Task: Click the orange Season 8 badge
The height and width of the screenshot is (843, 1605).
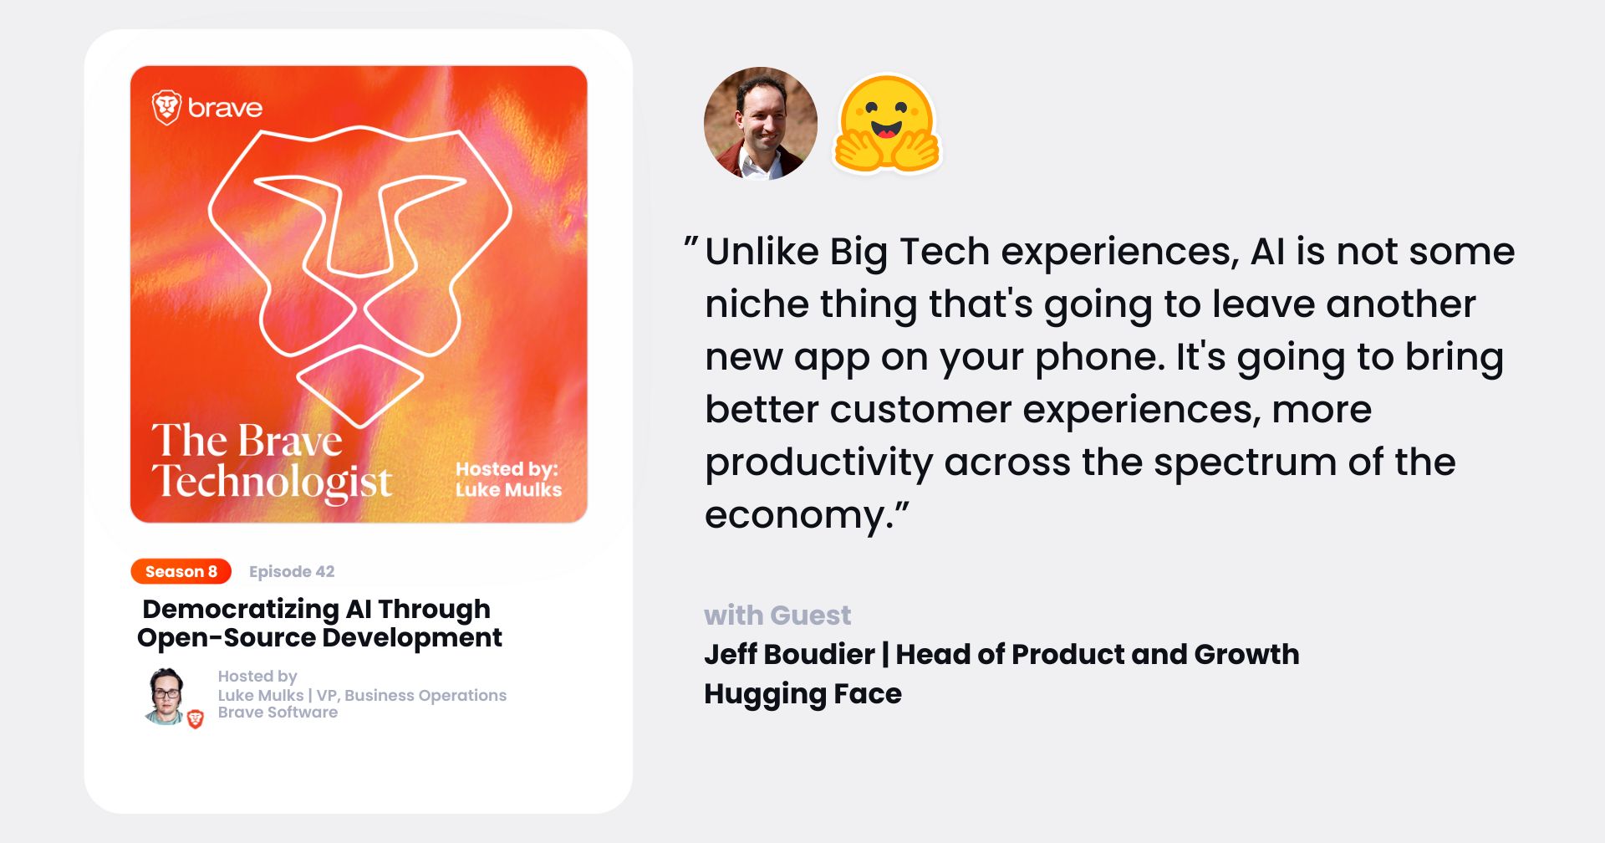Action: tap(181, 571)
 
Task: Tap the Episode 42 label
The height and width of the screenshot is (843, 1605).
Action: tap(292, 571)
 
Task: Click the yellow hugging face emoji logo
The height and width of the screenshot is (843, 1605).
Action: tap(887, 124)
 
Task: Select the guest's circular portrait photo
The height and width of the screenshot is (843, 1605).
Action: tap(761, 123)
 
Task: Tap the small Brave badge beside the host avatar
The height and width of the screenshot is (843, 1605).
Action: tap(196, 718)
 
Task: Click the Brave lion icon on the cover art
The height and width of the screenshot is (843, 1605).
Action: tap(166, 108)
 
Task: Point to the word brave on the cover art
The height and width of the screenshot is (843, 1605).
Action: tap(225, 108)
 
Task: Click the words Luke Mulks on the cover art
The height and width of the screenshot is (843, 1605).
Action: tap(508, 490)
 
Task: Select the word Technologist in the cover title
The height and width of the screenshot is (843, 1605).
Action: tap(273, 482)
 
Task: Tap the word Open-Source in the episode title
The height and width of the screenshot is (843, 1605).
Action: tap(226, 637)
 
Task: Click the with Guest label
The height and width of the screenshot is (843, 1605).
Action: tap(777, 616)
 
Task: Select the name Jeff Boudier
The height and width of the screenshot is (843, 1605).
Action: tap(789, 654)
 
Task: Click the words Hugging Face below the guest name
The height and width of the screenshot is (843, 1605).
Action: tap(802, 694)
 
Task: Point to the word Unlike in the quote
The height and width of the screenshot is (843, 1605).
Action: tap(762, 251)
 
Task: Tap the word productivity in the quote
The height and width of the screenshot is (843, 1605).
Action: tap(818, 463)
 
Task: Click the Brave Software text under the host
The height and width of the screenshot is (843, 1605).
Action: tap(278, 713)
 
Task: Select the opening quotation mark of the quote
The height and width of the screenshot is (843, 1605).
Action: tap(690, 246)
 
